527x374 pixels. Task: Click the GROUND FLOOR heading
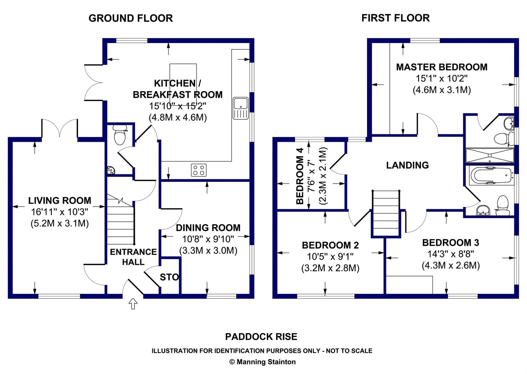point(131,18)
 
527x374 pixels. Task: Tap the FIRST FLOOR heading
point(396,18)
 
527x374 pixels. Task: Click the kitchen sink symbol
point(241,108)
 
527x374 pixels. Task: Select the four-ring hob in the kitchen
point(199,170)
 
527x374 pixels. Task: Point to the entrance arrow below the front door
point(133,304)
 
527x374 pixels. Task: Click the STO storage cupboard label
point(169,277)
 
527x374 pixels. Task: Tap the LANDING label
point(408,165)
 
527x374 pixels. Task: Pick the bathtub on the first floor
point(492,176)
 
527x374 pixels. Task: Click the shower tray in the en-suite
point(490,155)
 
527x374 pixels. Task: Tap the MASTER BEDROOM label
point(442,67)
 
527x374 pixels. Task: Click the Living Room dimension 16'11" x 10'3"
point(60,212)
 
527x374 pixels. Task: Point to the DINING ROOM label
point(208,228)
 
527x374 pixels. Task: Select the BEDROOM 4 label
point(300,176)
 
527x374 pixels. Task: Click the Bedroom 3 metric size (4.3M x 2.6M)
point(451,265)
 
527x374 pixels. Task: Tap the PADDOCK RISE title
point(261,337)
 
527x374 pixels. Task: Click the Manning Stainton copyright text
point(262,362)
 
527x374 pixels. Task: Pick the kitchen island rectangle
point(183,84)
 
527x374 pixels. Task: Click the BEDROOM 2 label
point(330,245)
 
